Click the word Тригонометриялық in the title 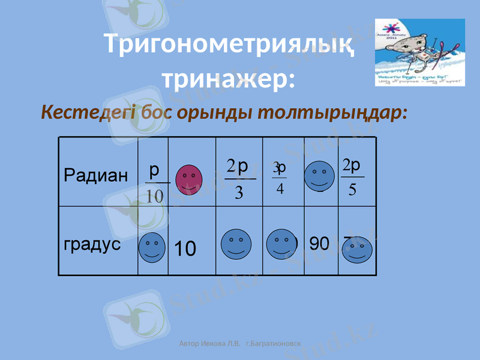(x=229, y=44)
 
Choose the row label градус (x=92, y=245)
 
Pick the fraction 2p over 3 (x=239, y=179)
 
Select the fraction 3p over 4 (x=279, y=178)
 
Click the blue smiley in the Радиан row (x=319, y=176)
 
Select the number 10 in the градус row (x=185, y=248)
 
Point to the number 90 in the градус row (x=319, y=244)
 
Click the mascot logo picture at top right (x=419, y=52)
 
